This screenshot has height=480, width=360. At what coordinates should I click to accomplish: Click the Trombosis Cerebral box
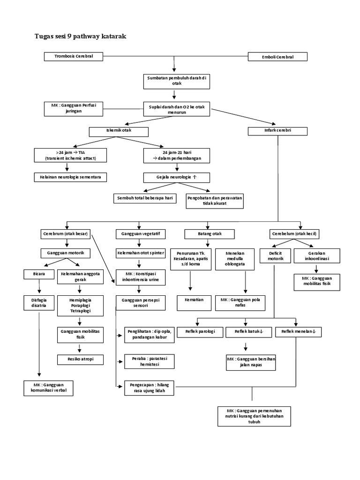[74, 56]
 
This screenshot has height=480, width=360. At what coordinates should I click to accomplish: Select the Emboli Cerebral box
[277, 57]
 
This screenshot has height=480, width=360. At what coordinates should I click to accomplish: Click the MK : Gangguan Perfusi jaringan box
[76, 108]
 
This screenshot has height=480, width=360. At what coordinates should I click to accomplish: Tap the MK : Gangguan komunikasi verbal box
[48, 388]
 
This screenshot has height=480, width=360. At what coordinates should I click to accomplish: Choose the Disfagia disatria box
[39, 302]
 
